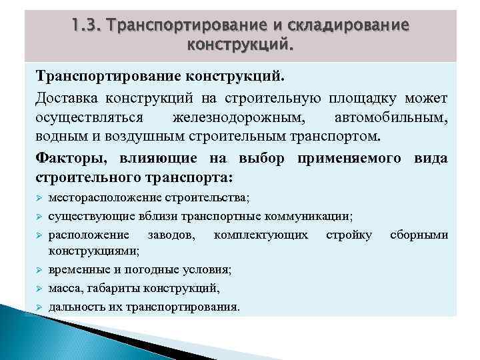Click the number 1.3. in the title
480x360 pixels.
(x=87, y=25)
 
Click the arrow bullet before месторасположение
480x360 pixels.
(x=39, y=199)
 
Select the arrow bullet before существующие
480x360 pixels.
(x=39, y=217)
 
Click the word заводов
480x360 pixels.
(x=174, y=235)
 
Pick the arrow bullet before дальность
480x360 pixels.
(x=39, y=307)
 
